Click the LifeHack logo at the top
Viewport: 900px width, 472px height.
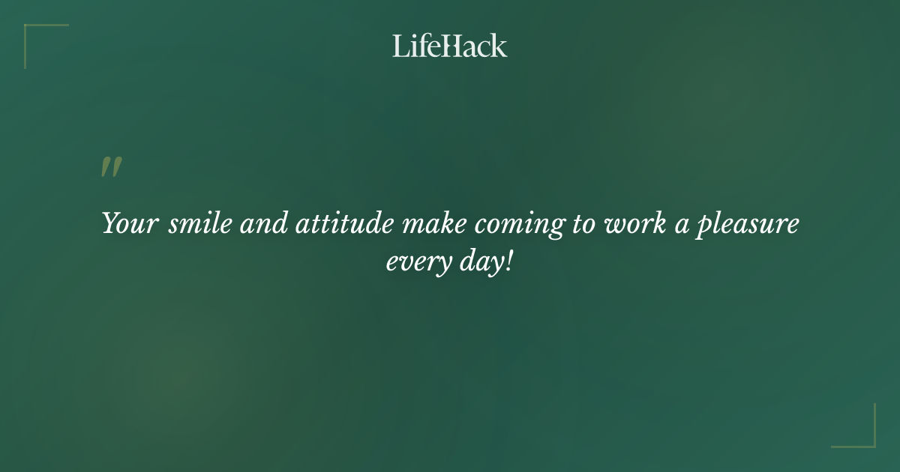pyautogui.click(x=450, y=46)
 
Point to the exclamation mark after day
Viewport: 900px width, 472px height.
pyautogui.click(x=508, y=262)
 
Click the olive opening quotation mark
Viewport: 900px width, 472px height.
pyautogui.click(x=111, y=167)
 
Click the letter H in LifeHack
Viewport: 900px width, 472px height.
pyautogui.click(x=448, y=46)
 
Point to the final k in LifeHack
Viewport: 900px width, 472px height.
pyautogui.click(x=499, y=46)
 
